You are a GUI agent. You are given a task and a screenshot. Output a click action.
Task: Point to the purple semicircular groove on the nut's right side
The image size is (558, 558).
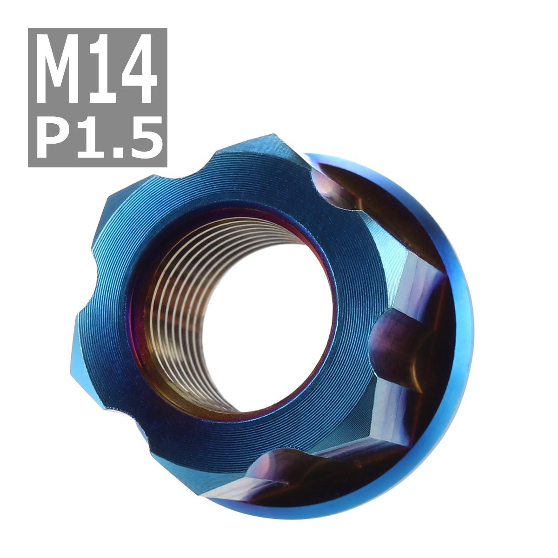click(x=395, y=335)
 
